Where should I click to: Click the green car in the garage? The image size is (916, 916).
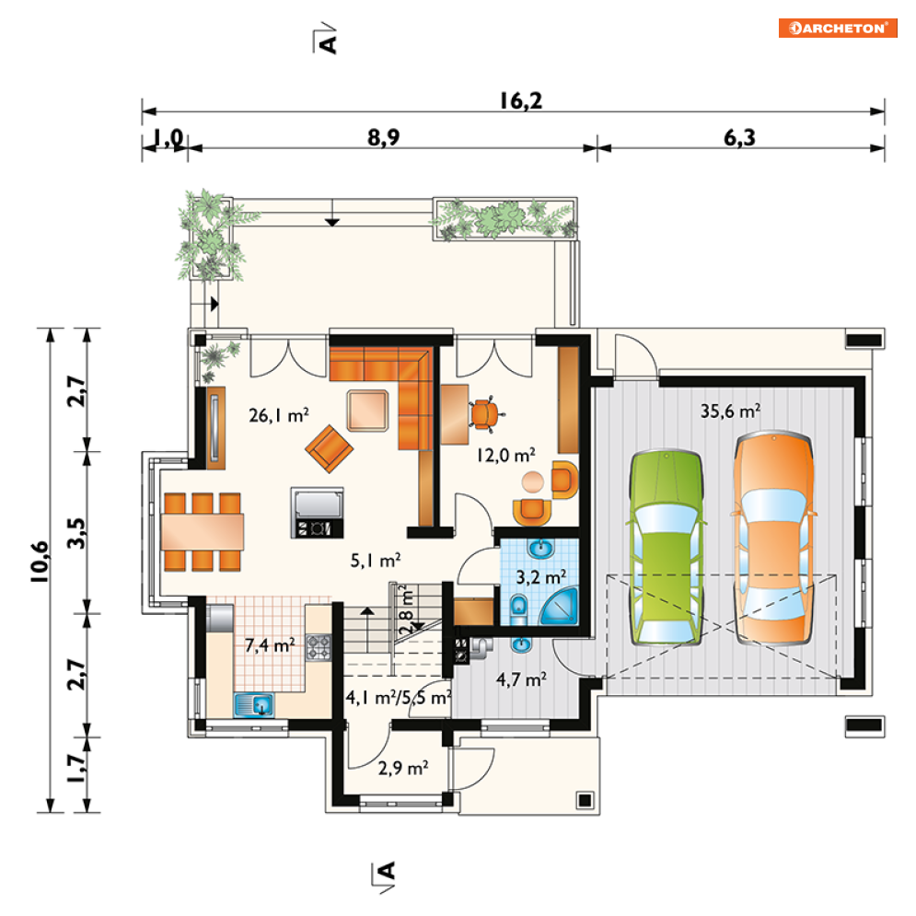coord(666,548)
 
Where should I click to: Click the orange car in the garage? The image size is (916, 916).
coord(773,538)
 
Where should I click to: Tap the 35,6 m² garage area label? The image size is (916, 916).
coord(730,411)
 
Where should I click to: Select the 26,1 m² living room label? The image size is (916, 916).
coord(279,415)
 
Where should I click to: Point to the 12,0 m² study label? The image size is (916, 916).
coord(506,455)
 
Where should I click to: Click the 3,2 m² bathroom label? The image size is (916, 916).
coord(541,577)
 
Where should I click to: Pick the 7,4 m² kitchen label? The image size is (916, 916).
coord(270,645)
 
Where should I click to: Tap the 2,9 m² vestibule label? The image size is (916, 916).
coord(403,768)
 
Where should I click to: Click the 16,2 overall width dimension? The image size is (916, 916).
coord(520,100)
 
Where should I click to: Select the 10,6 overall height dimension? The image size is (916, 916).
coord(41,562)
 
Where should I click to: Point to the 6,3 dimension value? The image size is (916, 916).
coord(739,137)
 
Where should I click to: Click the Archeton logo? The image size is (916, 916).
coord(838,28)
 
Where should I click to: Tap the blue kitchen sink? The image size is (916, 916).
coord(254,704)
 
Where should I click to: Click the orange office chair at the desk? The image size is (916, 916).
coord(484,414)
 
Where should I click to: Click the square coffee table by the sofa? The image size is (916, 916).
coord(367,411)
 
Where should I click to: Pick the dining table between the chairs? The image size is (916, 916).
coord(203,531)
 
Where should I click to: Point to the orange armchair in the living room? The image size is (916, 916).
coord(329,448)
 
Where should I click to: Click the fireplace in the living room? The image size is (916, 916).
coord(318,513)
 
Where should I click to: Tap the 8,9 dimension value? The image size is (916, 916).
coord(384,137)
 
